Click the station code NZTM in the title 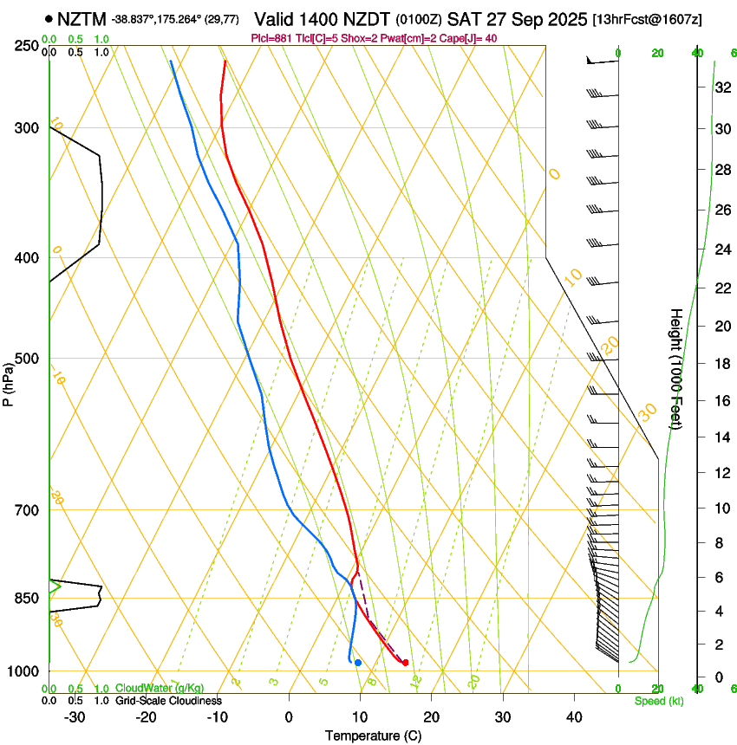click(x=82, y=18)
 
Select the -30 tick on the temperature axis click(x=75, y=717)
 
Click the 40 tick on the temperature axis click(x=574, y=717)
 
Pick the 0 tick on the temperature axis click(x=289, y=717)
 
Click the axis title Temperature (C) click(x=373, y=736)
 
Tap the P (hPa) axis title click(x=8, y=382)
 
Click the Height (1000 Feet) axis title click(x=676, y=368)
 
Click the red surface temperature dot click(x=405, y=663)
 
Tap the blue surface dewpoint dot click(x=358, y=663)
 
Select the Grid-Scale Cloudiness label click(x=167, y=700)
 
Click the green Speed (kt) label click(x=658, y=701)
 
